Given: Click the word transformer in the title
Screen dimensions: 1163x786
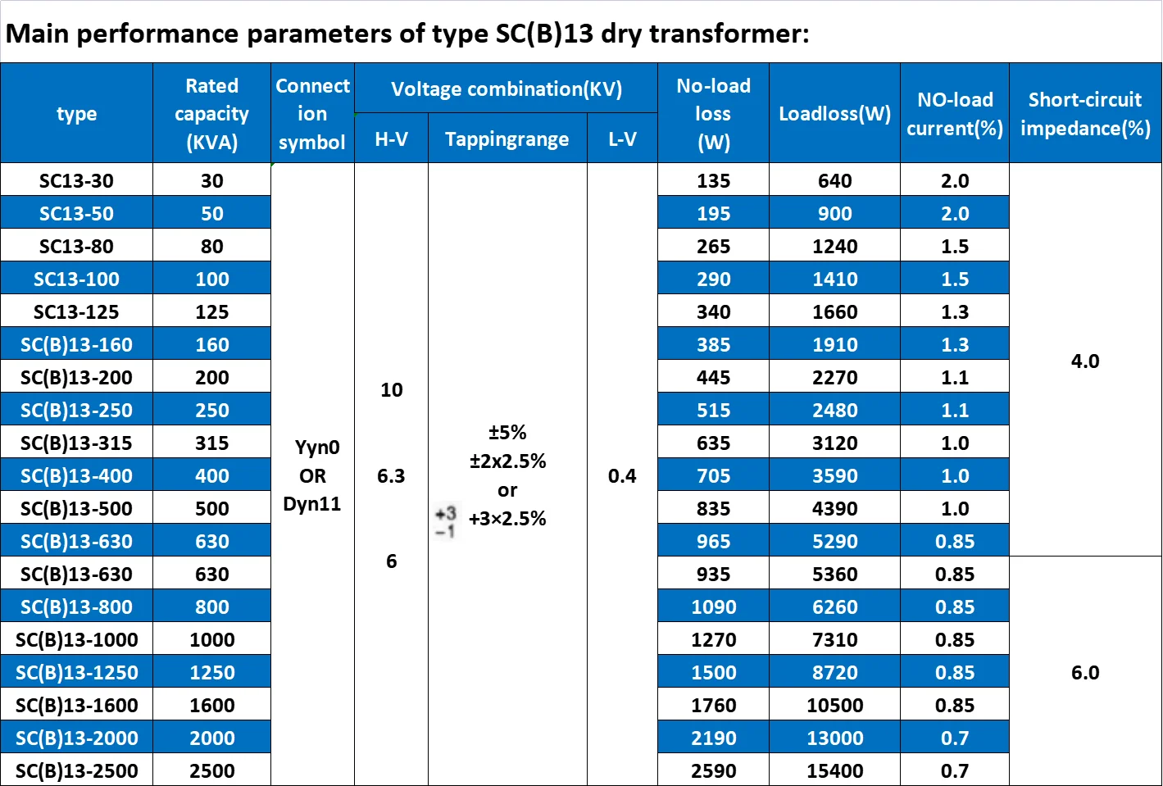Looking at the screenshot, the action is (729, 34).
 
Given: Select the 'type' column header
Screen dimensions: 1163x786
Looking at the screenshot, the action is (76, 114).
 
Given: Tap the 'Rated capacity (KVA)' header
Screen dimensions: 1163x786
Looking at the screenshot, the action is (211, 114).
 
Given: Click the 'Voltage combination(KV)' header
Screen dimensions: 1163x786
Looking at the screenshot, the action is (507, 89).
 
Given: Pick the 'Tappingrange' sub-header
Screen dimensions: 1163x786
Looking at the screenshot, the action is (507, 139).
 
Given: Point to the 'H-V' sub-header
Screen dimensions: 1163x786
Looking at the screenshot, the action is (392, 139).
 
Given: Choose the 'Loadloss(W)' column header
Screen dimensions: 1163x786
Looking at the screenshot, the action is (834, 114).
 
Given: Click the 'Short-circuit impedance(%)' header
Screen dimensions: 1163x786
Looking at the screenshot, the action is (1085, 114).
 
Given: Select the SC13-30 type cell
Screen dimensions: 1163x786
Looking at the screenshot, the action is (76, 180).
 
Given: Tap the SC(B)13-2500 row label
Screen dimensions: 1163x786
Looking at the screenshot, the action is (77, 771).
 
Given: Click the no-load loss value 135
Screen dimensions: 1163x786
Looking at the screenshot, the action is (713, 180).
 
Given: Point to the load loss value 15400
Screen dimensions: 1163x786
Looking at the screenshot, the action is (835, 771).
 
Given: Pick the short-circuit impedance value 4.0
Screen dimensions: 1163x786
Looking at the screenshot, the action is (1085, 361).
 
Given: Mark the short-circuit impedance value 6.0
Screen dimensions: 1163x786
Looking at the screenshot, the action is (1085, 672).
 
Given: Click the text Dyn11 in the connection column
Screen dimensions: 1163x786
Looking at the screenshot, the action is (312, 504).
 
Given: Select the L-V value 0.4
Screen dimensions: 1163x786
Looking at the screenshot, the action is (622, 475).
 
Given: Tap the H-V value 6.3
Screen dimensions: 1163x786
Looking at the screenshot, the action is (391, 475).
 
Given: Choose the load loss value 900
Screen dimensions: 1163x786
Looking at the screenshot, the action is (835, 213).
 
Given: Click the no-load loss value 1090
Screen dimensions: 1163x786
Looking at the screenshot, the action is (713, 607).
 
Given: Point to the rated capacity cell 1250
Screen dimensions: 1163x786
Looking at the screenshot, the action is (211, 672).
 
